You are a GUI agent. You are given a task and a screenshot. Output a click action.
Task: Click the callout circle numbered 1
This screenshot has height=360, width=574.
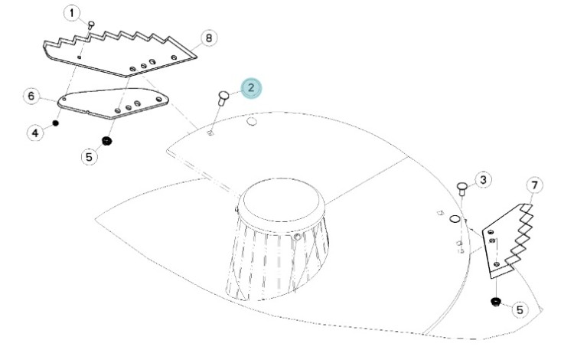(72, 13)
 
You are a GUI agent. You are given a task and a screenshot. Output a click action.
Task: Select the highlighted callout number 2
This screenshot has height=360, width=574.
(251, 88)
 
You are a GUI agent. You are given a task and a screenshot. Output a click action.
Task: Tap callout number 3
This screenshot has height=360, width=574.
(483, 180)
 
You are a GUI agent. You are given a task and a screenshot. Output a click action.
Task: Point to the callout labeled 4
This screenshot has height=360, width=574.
(35, 133)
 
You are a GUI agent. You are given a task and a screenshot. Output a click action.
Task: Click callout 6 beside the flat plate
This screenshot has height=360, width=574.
(31, 97)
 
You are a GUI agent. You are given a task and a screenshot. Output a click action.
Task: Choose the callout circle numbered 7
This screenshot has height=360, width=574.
(535, 185)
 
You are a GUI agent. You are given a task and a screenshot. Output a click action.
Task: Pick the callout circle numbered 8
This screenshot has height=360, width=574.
(209, 38)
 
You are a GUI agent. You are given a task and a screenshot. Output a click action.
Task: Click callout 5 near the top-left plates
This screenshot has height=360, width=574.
(89, 157)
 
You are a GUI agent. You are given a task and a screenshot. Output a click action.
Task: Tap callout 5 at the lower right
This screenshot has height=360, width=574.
(520, 309)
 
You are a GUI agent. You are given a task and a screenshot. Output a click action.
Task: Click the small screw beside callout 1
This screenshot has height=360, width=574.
(91, 25)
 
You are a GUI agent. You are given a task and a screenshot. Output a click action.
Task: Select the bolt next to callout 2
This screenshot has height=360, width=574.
(223, 98)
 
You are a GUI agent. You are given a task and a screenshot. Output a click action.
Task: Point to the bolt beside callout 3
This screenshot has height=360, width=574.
(462, 189)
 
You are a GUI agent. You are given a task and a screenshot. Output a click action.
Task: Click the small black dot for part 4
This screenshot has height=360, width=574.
(56, 123)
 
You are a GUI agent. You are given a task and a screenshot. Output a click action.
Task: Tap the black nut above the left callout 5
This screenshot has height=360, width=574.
(106, 141)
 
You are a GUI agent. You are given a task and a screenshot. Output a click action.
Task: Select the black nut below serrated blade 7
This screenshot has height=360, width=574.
(496, 302)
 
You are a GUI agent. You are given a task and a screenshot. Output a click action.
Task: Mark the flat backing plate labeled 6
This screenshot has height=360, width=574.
(113, 103)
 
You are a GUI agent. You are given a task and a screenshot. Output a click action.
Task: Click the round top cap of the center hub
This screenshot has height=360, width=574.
(281, 200)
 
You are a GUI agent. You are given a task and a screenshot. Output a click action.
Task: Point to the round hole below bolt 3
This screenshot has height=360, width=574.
(454, 218)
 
